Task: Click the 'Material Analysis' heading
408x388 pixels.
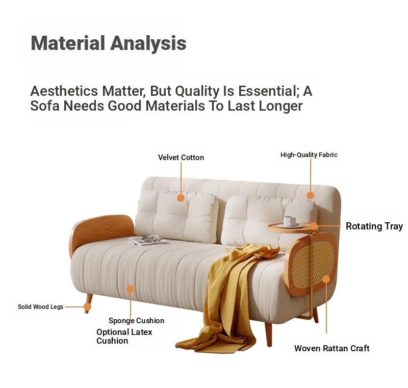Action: coord(109,43)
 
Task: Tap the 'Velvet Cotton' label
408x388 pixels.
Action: coord(181,158)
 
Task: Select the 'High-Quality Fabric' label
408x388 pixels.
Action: coord(309,154)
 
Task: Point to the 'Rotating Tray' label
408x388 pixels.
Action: coord(374,226)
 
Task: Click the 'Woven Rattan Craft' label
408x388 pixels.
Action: coord(332,348)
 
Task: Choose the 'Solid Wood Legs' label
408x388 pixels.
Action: coord(40,306)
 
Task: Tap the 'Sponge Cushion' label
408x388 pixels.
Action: coord(136,321)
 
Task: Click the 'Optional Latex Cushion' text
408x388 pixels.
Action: coord(124,336)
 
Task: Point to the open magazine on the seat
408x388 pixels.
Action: coord(148,240)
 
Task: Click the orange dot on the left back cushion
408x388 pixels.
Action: coord(181,198)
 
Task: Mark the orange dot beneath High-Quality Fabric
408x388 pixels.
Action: coord(310,195)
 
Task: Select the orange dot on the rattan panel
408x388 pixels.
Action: coord(326,279)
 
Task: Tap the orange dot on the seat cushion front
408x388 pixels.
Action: coord(131,289)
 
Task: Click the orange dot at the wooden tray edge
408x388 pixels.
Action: coord(314,226)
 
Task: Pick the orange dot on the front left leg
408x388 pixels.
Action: coord(87,306)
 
